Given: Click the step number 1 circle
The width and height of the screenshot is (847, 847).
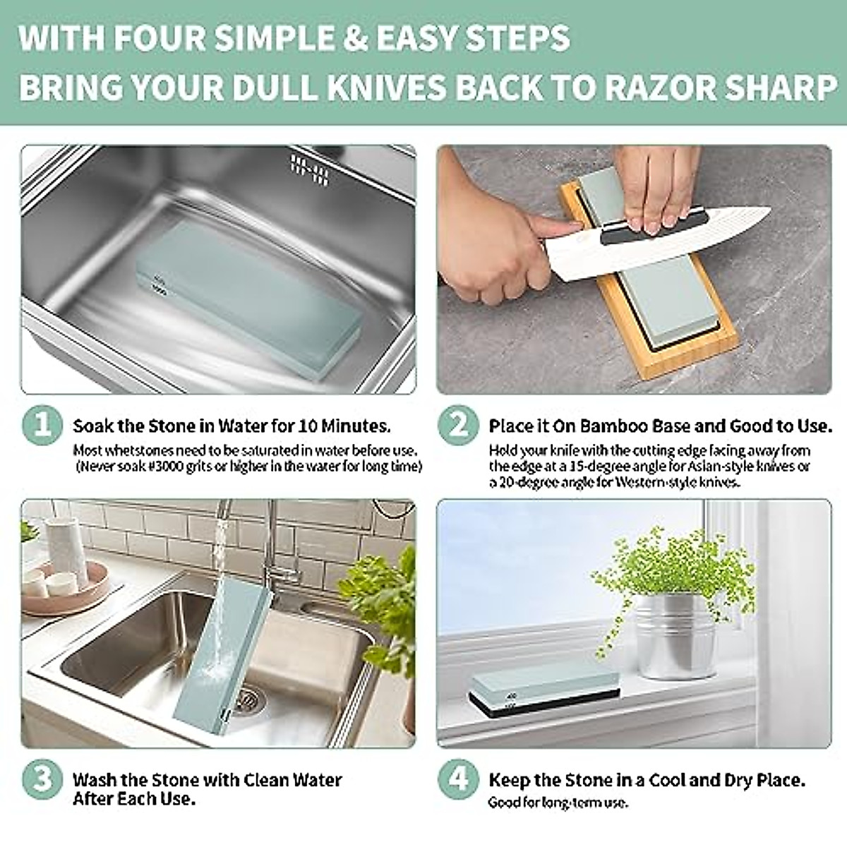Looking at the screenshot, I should (42, 426).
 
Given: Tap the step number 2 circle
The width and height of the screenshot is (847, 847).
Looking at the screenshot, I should (459, 426).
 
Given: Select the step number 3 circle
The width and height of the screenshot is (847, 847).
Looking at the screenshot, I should (42, 779).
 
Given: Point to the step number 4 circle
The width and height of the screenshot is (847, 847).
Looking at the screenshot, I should (459, 779).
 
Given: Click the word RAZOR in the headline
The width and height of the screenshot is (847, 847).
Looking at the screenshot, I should (662, 88).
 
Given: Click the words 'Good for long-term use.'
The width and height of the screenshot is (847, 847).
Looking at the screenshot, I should (558, 803).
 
